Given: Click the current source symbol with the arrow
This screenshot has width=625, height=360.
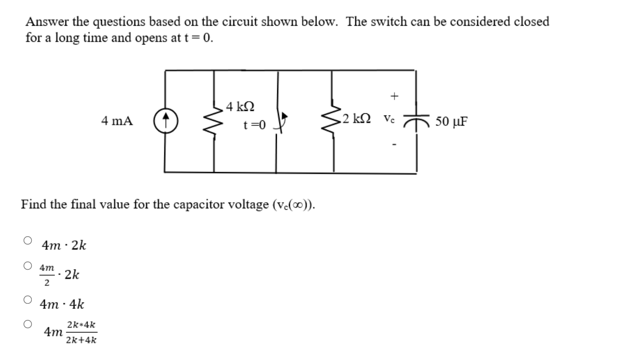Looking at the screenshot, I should point(166,121).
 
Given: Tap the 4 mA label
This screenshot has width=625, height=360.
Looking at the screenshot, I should point(116,121).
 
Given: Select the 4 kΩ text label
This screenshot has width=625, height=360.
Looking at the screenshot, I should point(240,107).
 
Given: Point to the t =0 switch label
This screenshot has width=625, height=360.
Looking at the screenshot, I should point(254,126).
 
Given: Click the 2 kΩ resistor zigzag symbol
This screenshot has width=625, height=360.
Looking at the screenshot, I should point(333,121).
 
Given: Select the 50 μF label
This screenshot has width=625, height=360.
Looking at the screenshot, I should point(451,122).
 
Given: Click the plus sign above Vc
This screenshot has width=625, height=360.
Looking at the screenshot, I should point(394,96).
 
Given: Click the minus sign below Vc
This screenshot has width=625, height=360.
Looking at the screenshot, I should point(394,145).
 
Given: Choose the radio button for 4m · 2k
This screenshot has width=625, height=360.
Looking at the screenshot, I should point(28,240).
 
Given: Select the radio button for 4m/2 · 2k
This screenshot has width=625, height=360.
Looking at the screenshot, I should point(28,265).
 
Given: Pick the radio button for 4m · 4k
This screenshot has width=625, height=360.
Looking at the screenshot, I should point(28,299).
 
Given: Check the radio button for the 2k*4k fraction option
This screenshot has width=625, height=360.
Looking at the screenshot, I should point(28,324).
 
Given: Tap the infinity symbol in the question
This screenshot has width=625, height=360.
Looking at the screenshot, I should point(299,204).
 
